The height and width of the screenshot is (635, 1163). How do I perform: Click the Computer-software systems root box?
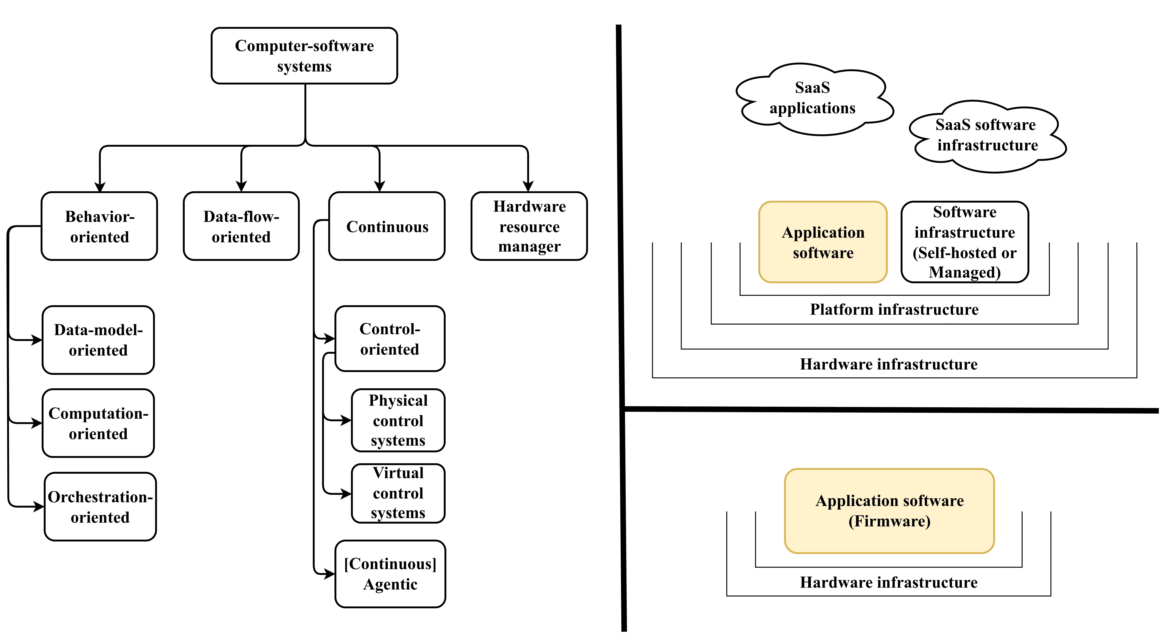(304, 56)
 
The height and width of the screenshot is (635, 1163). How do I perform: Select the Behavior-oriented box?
(99, 226)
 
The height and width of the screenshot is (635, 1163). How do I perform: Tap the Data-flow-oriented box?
(241, 226)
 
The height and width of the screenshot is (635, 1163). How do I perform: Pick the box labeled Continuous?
(387, 226)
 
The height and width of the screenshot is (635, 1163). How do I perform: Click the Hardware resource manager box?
(529, 226)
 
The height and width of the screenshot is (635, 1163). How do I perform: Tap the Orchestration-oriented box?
(100, 507)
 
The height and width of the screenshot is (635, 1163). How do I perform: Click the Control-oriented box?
(390, 339)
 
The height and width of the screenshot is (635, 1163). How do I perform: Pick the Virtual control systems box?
(398, 493)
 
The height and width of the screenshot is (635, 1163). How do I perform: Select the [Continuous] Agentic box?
(390, 574)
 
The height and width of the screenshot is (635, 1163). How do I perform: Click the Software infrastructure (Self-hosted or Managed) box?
(965, 243)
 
